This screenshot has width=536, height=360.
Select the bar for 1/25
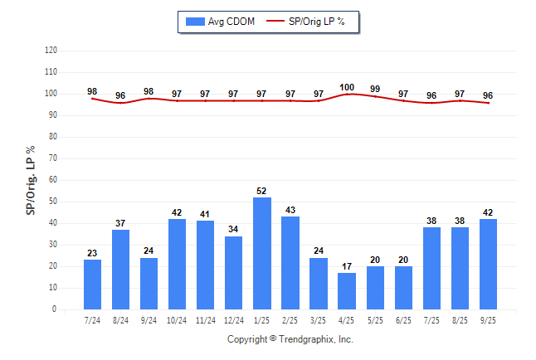pyautogui.click(x=262, y=253)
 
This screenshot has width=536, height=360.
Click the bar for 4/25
pyautogui.click(x=347, y=291)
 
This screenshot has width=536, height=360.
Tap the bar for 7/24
pyautogui.click(x=92, y=285)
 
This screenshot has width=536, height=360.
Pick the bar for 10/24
pyautogui.click(x=177, y=264)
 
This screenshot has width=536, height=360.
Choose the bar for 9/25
pyautogui.click(x=488, y=264)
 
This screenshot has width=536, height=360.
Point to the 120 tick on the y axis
pyautogui.click(x=51, y=51)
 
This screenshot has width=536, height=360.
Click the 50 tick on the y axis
pyautogui.click(x=53, y=202)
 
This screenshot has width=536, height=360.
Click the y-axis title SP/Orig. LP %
pyautogui.click(x=31, y=179)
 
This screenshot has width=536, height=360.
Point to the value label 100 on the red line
pyautogui.click(x=347, y=87)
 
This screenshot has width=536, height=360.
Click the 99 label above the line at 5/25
pyautogui.click(x=375, y=89)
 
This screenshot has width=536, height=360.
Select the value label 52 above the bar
pyautogui.click(x=262, y=191)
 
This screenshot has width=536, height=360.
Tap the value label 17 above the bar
pyautogui.click(x=347, y=266)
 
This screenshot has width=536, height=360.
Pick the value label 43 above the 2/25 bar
pyautogui.click(x=290, y=210)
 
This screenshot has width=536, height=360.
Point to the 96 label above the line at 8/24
pyautogui.click(x=120, y=95)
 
